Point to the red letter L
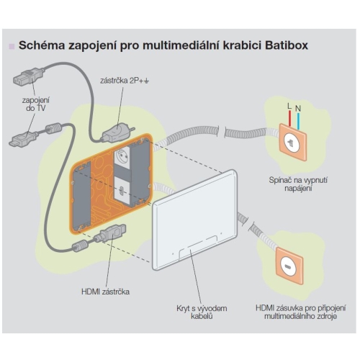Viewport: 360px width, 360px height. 288,106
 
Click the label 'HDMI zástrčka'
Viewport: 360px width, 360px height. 106,292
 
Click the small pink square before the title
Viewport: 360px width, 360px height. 12,47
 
